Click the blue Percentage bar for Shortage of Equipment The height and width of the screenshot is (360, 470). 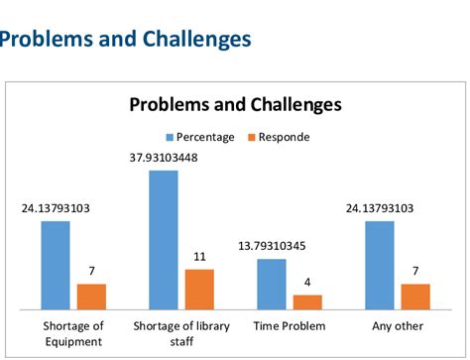coord(56,265)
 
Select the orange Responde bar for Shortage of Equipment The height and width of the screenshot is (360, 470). coord(91,297)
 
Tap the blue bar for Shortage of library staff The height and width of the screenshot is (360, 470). coord(164,239)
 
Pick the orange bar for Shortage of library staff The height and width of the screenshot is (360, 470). coord(199,289)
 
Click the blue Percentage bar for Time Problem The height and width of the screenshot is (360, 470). coord(272,284)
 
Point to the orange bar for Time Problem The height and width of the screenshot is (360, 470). coord(307,301)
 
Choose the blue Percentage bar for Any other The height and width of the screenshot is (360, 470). coord(380,265)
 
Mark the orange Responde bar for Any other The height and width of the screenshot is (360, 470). coord(415,297)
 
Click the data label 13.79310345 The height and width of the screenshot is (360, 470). coord(272,245)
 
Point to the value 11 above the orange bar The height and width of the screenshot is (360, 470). coord(199,257)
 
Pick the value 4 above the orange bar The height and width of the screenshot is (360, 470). coord(307,282)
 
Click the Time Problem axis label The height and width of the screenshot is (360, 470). coord(289,325)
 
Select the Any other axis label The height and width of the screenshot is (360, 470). coord(398,325)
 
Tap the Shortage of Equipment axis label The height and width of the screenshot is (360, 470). coord(73,333)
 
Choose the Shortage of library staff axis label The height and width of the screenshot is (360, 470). coord(181,333)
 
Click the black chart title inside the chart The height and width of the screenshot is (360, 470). coord(235,104)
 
